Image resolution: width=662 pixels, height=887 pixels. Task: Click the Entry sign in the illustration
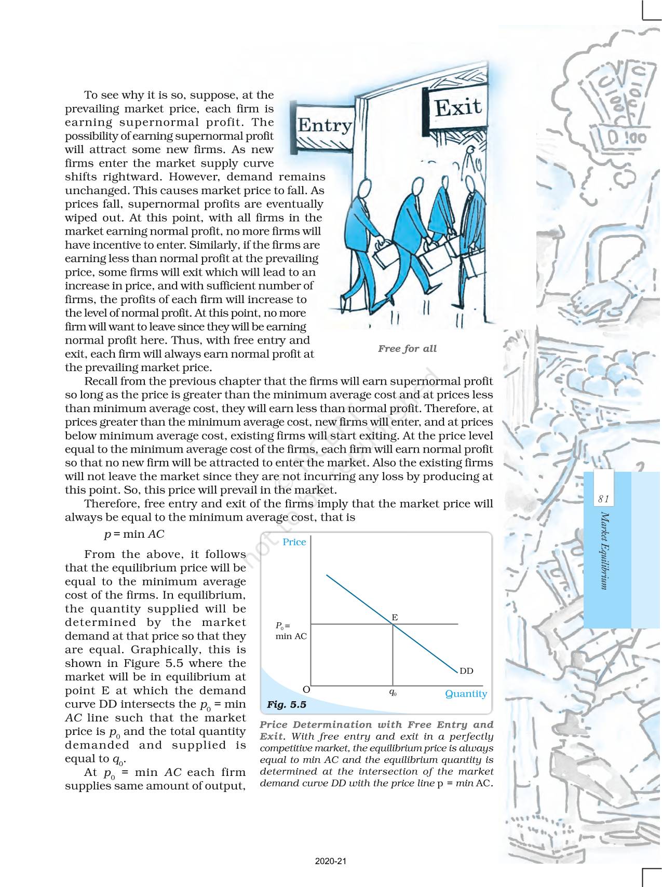pyautogui.click(x=324, y=126)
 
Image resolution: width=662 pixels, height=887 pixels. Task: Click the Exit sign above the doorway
pyautogui.click(x=457, y=107)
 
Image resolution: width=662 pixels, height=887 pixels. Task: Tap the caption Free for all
pyautogui.click(x=407, y=349)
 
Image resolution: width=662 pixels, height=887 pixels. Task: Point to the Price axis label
pyautogui.click(x=294, y=542)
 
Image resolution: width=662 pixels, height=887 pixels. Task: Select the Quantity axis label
pyautogui.click(x=466, y=694)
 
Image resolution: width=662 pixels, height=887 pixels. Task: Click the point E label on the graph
pyautogui.click(x=395, y=617)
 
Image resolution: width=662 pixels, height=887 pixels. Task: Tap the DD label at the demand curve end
pyautogui.click(x=466, y=671)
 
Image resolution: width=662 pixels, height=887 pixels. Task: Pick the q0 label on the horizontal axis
pyautogui.click(x=393, y=692)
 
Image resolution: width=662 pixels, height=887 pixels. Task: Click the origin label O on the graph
pyautogui.click(x=306, y=689)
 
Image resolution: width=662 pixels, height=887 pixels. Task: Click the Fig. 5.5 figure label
pyautogui.click(x=286, y=705)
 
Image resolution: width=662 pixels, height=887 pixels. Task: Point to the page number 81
pyautogui.click(x=603, y=499)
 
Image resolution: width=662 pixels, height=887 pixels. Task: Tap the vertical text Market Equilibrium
pyautogui.click(x=604, y=550)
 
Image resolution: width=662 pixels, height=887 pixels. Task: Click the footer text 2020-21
pyautogui.click(x=331, y=861)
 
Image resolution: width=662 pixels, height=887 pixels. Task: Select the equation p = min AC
pyautogui.click(x=134, y=534)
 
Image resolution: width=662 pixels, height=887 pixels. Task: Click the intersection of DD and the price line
pyautogui.click(x=393, y=624)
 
